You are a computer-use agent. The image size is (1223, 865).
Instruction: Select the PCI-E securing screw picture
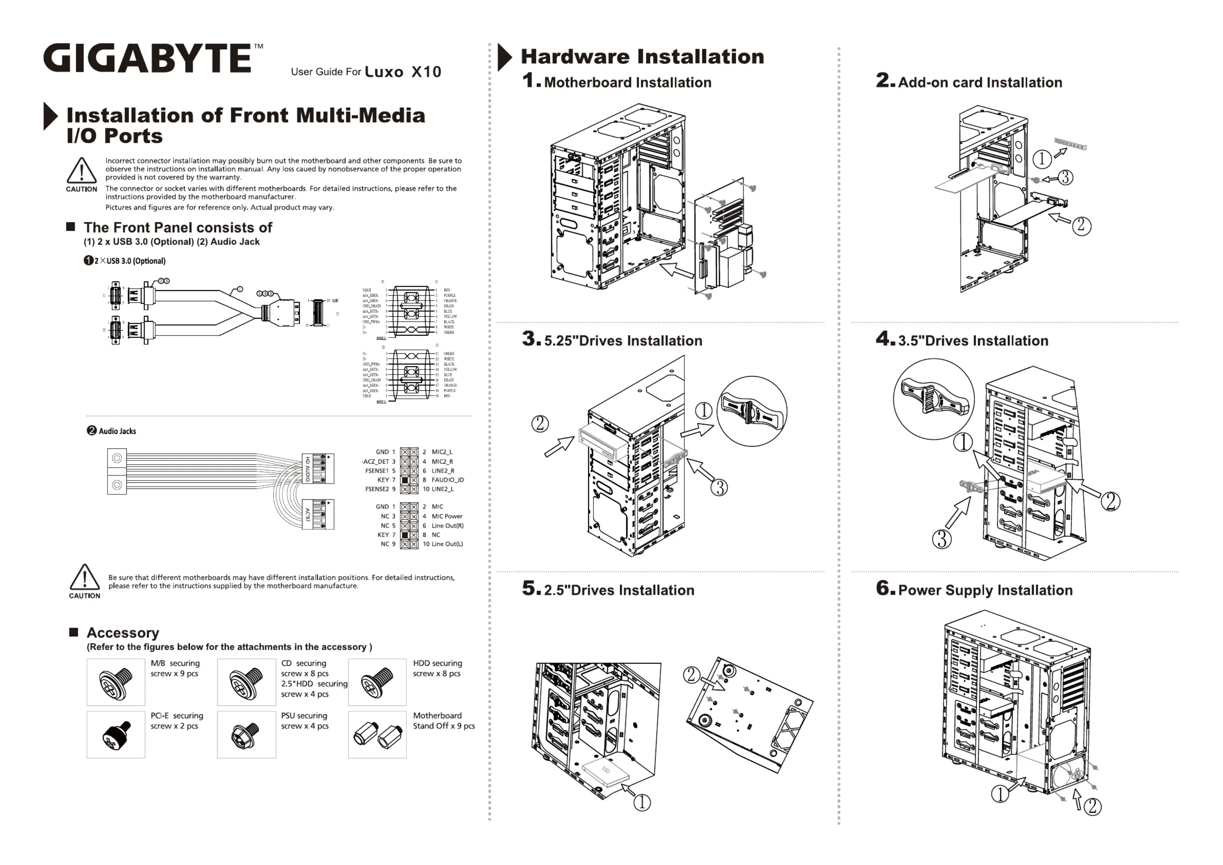tap(116, 734)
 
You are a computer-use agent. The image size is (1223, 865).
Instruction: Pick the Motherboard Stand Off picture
tap(377, 734)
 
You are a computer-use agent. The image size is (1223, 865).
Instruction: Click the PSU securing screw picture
tap(246, 734)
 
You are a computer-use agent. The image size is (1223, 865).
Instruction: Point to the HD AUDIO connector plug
tap(318, 469)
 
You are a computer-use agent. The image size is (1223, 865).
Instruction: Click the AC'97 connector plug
tap(318, 514)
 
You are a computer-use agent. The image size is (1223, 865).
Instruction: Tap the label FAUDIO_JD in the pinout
tap(448, 480)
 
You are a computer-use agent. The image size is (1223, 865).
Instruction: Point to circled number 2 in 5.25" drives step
tap(540, 424)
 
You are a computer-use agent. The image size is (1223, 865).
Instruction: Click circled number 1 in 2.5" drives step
tap(642, 802)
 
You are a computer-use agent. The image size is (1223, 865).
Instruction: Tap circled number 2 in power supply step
tap(1092, 806)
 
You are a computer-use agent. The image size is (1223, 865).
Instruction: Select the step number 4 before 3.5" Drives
tap(884, 338)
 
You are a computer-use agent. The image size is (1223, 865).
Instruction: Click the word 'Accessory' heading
tap(122, 633)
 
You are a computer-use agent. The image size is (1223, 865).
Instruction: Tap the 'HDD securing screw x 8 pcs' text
tap(437, 668)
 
